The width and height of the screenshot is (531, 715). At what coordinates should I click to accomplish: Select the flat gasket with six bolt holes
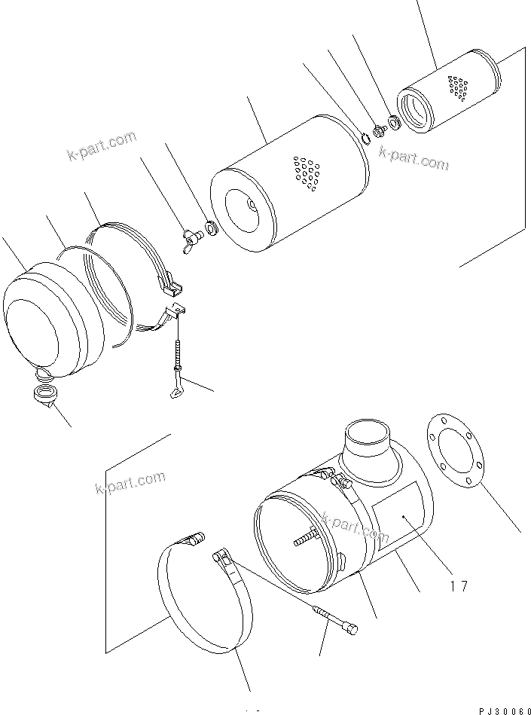coord(453,451)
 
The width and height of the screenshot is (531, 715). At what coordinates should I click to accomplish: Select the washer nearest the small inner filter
coord(394,121)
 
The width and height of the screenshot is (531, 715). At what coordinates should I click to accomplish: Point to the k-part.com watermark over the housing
coord(355,527)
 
